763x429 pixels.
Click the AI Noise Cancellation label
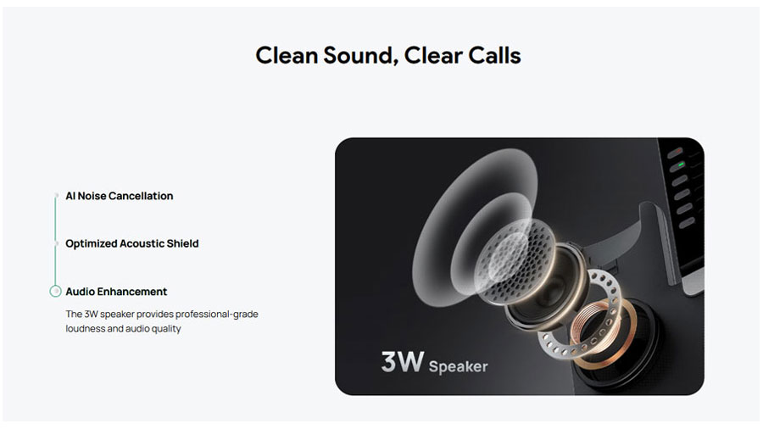pyautogui.click(x=120, y=196)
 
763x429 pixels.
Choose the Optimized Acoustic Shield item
pyautogui.click(x=132, y=243)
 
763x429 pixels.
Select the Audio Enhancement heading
pyautogui.click(x=116, y=292)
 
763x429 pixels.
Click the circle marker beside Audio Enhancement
pyautogui.click(x=55, y=292)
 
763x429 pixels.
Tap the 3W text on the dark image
pyautogui.click(x=403, y=362)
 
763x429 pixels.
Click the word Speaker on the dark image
pyautogui.click(x=458, y=366)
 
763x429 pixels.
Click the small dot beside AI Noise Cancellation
pyautogui.click(x=56, y=196)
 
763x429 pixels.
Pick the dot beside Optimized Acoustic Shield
pyautogui.click(x=56, y=243)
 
